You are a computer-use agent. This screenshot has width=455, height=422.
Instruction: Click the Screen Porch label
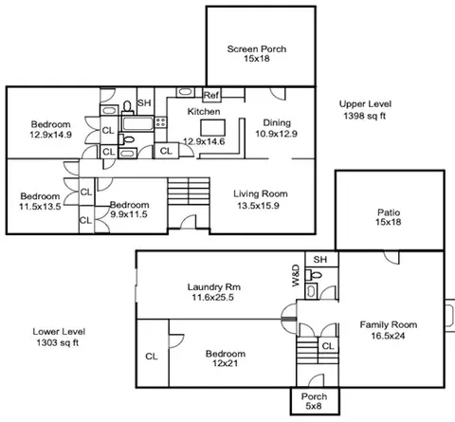[257, 49]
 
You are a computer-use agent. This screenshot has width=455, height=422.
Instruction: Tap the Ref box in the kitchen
[211, 95]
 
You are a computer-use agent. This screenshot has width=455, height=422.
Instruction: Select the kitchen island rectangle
[213, 128]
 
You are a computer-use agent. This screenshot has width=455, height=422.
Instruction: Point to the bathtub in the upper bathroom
[137, 123]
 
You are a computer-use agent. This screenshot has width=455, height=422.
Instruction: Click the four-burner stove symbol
[160, 122]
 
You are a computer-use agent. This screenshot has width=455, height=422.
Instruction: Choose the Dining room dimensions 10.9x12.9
[276, 134]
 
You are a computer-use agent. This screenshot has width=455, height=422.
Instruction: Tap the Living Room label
[261, 193]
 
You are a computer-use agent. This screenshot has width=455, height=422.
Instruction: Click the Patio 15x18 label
[389, 217]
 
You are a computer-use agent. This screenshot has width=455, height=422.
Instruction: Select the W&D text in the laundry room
[296, 276]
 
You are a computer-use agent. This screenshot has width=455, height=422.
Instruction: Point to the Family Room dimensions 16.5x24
[388, 336]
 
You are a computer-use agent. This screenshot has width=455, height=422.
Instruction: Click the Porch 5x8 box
[315, 400]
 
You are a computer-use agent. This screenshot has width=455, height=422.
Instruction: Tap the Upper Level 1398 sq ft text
[365, 110]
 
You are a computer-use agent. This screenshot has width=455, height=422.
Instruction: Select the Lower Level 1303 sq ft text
[59, 337]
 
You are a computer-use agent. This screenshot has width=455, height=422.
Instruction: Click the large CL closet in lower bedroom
[152, 353]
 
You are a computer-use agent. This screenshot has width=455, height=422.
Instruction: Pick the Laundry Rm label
[214, 287]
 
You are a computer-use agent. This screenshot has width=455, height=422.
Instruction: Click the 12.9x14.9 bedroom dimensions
[50, 135]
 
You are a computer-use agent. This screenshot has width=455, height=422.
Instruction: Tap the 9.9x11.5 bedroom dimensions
[129, 214]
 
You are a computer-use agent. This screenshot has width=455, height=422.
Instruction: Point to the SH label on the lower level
[320, 260]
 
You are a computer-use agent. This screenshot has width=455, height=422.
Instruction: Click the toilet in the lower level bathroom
[314, 275]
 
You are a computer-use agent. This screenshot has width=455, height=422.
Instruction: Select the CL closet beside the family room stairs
[328, 346]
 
